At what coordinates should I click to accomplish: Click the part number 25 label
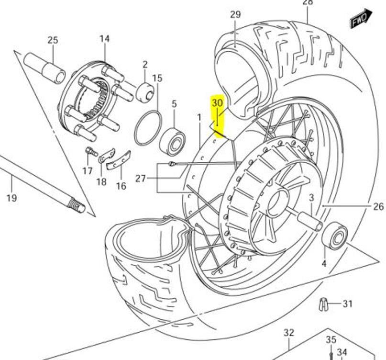pyautogui.click(x=53, y=40)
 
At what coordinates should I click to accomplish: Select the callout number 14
pyautogui.click(x=104, y=39)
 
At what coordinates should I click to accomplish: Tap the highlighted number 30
pyautogui.click(x=217, y=103)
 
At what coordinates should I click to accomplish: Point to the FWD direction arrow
pyautogui.click(x=360, y=19)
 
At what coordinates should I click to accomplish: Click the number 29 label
pyautogui.click(x=235, y=14)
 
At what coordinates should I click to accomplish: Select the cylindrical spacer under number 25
pyautogui.click(x=45, y=68)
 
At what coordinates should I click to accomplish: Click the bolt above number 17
pyautogui.click(x=89, y=151)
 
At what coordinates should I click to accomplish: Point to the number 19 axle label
pyautogui.click(x=11, y=197)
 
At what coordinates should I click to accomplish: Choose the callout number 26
pyautogui.click(x=378, y=207)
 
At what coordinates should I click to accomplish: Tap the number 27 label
pyautogui.click(x=140, y=179)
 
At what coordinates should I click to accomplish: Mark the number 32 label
pyautogui.click(x=288, y=333)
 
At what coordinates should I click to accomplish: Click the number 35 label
pyautogui.click(x=331, y=340)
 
